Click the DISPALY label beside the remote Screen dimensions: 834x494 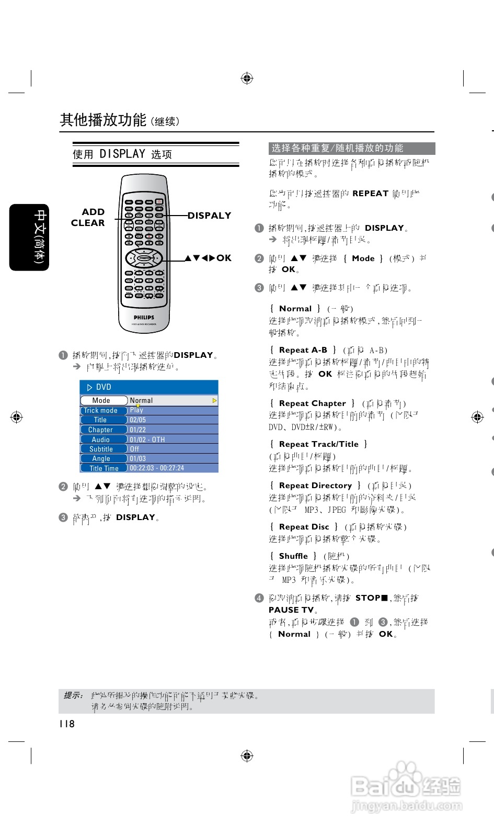coord(209,216)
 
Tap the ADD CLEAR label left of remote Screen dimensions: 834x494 coord(88,217)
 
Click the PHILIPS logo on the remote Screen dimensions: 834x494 coord(144,317)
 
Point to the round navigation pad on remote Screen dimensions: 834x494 coord(144,257)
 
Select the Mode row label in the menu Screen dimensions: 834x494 coord(101,400)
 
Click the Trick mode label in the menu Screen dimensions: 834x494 coord(101,410)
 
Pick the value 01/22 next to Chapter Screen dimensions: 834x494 coord(138,430)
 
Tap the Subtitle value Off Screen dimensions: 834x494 coord(134,449)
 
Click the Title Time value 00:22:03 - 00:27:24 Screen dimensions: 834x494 coord(157,468)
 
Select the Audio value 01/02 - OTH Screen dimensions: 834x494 coord(147,439)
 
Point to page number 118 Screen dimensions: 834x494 coord(67,724)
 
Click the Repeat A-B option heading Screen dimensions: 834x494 coord(303,350)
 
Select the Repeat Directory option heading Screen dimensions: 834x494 coord(315,486)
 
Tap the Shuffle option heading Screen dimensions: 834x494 coord(293,556)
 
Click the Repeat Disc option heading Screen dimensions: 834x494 coord(304,527)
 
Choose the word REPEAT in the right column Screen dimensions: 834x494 coord(370,194)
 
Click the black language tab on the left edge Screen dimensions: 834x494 coord(29,237)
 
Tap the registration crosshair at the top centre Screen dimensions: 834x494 coord(247,78)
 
